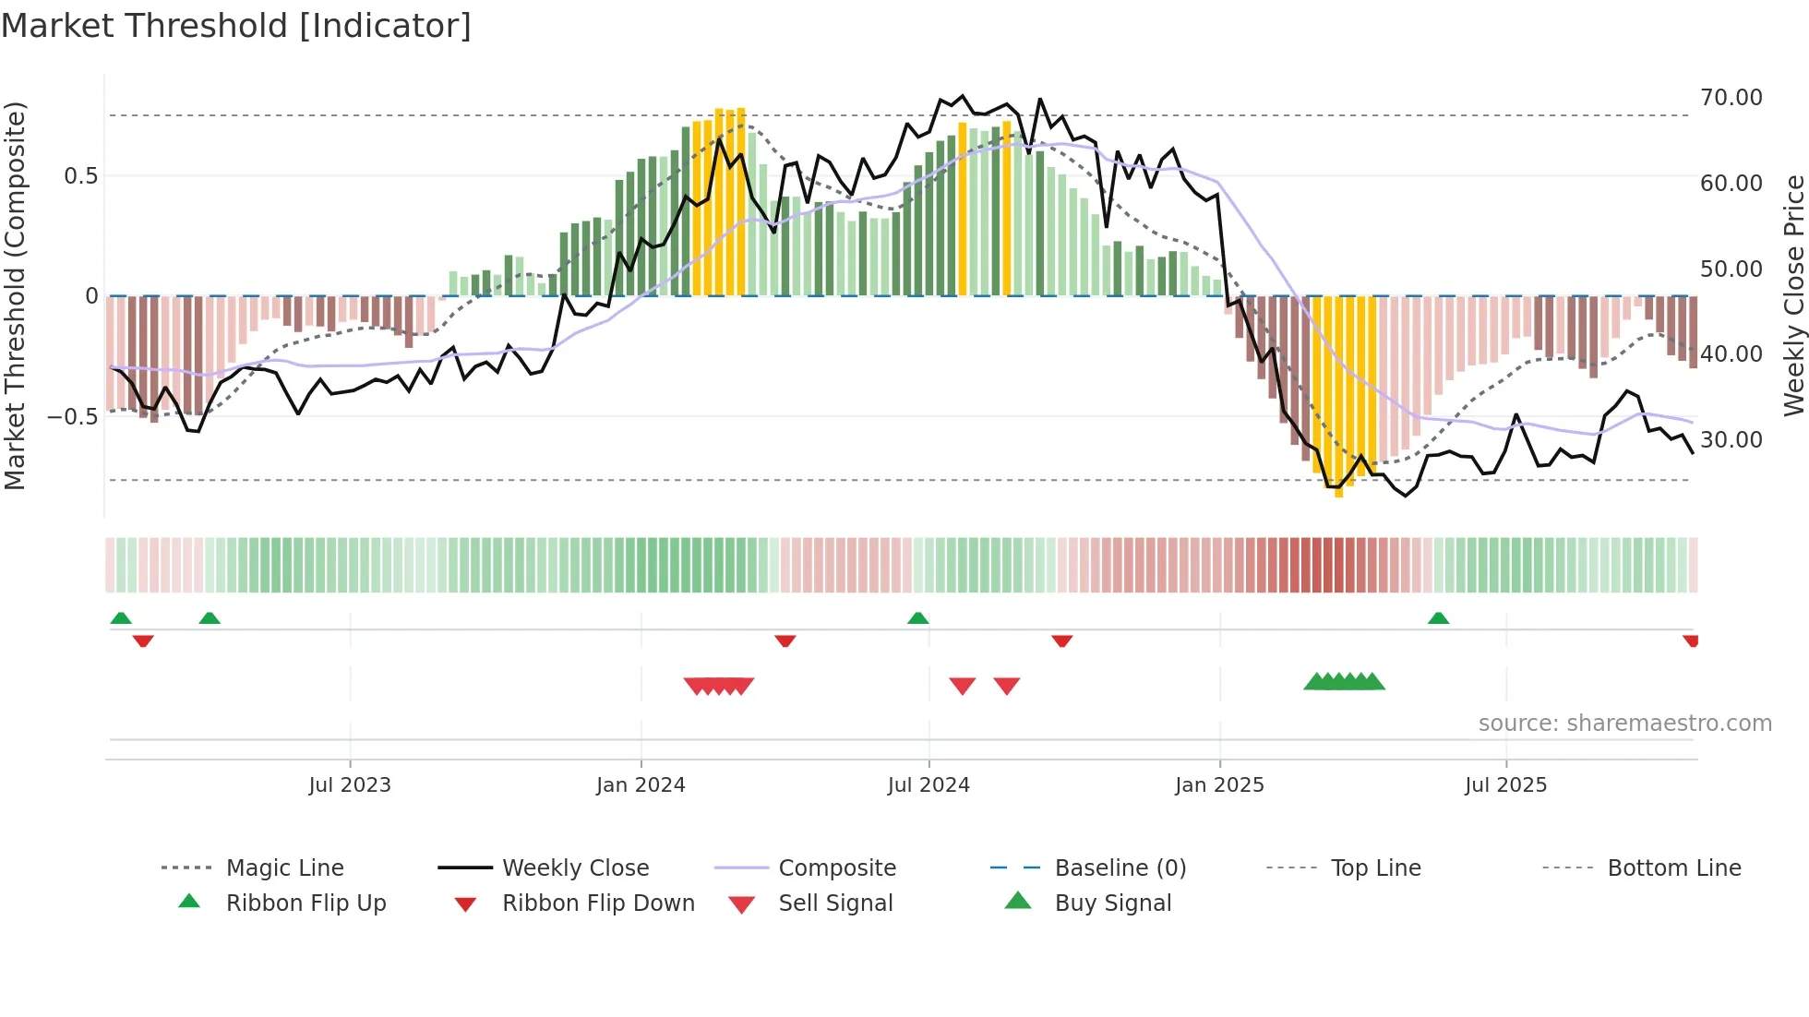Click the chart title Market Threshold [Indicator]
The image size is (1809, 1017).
click(x=236, y=26)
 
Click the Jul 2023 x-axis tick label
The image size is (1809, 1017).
click(x=350, y=785)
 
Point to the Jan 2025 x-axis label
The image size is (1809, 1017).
click(x=1219, y=785)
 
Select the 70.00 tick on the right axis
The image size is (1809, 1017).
click(x=1731, y=98)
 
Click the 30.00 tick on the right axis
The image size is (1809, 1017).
click(x=1731, y=440)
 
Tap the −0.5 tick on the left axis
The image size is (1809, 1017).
click(x=72, y=417)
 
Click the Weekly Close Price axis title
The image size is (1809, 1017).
click(x=1793, y=295)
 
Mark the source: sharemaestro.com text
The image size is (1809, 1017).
click(x=1624, y=724)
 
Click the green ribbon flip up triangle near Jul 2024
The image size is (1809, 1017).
click(x=917, y=618)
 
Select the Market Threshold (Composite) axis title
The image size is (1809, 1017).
click(x=15, y=295)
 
